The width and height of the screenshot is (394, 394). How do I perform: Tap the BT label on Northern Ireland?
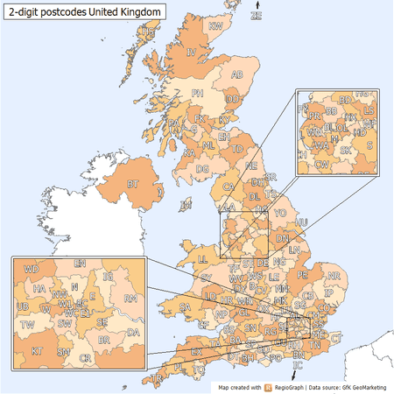134,185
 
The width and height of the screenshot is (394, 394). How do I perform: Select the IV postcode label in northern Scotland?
190,53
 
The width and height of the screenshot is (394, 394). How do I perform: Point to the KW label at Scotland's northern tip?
215,26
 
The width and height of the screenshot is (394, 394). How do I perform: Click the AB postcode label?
236,75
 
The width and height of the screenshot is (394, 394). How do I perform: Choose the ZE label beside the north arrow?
256,16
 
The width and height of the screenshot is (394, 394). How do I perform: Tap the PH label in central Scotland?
198,92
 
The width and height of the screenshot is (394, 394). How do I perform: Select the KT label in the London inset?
37,350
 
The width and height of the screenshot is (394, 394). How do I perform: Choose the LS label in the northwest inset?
369,111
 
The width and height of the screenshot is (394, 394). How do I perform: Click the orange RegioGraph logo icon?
270,386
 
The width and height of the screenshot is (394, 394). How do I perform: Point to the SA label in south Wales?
184,306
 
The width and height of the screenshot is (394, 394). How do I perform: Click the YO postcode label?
280,213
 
